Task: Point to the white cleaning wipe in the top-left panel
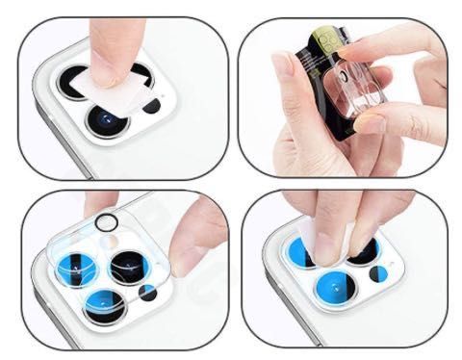[123, 85]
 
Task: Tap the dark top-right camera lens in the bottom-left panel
[127, 265]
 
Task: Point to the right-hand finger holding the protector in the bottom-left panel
[202, 236]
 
